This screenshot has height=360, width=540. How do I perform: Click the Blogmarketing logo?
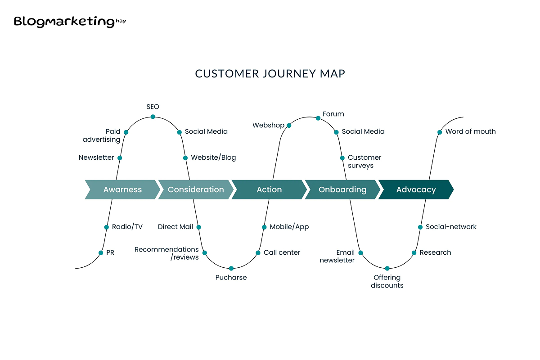[70, 22]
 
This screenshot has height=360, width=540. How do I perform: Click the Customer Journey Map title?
[270, 74]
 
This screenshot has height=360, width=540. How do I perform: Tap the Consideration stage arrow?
[196, 189]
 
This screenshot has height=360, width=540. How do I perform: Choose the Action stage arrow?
[269, 189]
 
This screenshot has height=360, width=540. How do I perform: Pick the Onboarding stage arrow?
[342, 189]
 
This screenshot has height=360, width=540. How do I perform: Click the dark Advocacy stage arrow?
[416, 189]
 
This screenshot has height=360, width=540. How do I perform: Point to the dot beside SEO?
[153, 117]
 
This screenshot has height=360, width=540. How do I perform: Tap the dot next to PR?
[101, 253]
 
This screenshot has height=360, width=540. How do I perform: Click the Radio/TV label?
[127, 227]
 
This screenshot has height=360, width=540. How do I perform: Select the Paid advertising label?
[102, 135]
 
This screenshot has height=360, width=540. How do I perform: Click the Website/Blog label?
[213, 157]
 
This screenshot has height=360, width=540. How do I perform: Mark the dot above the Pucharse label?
[231, 268]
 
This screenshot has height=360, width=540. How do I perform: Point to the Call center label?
[282, 252]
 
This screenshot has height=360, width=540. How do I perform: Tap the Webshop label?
[268, 125]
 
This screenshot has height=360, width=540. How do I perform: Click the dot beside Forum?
[318, 118]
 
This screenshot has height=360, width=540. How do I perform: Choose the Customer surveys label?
[364, 162]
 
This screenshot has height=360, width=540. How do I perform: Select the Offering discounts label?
[387, 281]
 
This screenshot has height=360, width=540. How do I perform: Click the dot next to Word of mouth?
[440, 132]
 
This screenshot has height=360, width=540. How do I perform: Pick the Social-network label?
[451, 227]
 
